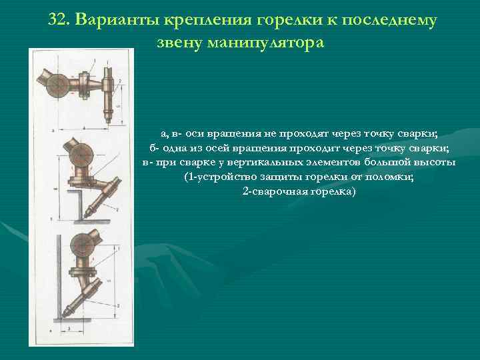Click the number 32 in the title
pyautogui.click(x=58, y=20)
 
